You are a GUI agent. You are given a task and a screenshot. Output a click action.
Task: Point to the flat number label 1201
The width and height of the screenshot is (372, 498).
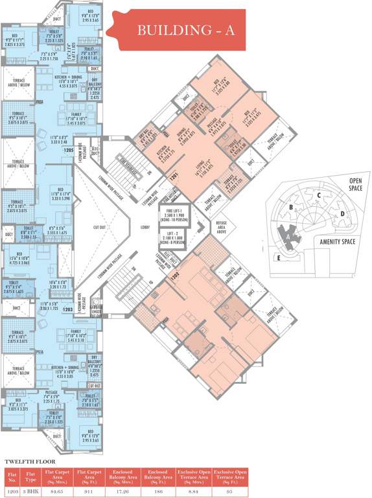coord(173,176)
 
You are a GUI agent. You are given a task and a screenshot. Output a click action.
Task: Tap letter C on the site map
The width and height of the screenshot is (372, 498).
coord(319,195)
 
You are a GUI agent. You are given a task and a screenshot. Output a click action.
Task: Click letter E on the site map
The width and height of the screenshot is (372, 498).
coord(279,257)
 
